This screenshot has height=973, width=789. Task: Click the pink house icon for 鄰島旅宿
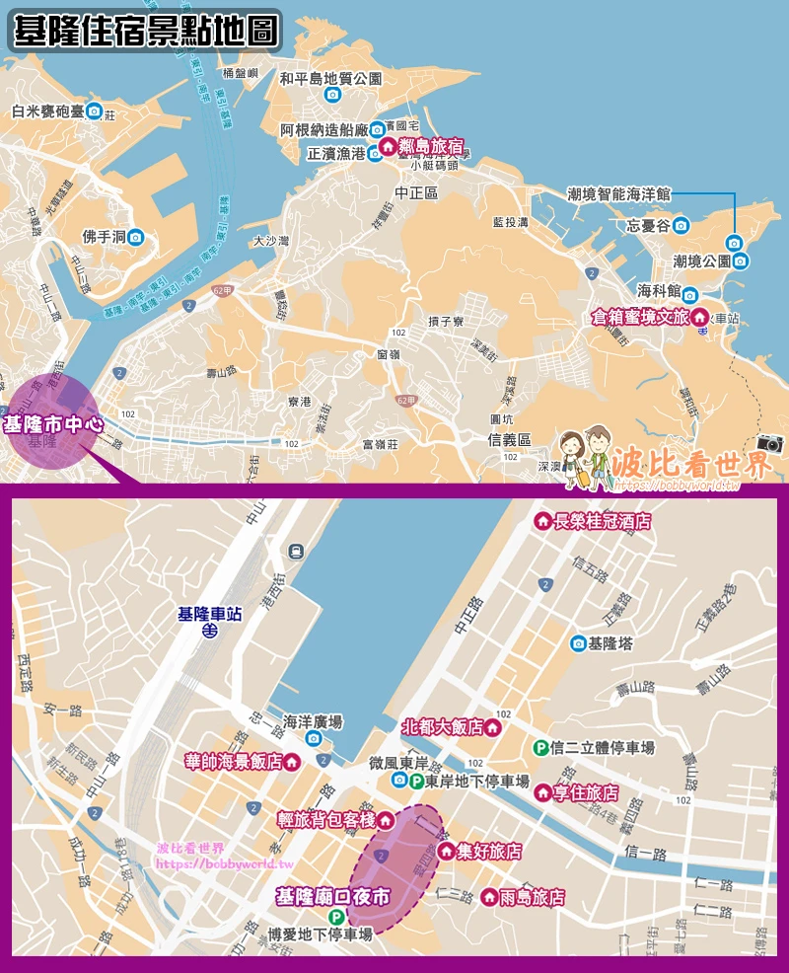389,146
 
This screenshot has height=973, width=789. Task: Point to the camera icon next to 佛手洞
136,237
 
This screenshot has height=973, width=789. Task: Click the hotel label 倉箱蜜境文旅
639,317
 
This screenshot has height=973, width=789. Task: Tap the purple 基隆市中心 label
52,424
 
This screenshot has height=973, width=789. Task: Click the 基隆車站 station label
209,613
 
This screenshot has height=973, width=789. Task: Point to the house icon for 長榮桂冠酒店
541,522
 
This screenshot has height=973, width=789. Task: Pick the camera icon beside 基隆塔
578,643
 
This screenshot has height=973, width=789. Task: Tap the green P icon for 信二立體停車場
539,749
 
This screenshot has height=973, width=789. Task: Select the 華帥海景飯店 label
234,761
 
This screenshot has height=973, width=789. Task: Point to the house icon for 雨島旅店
487,897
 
